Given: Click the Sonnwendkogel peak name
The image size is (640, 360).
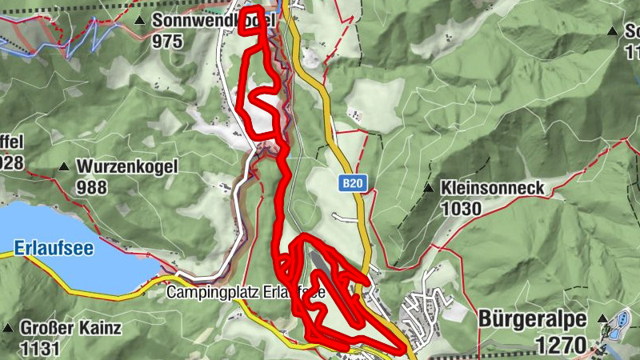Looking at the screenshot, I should click(212, 20).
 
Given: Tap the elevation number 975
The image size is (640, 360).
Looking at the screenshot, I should click(169, 41).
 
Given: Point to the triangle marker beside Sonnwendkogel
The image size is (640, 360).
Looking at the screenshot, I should click(142, 20).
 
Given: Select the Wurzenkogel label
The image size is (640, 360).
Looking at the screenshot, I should click(126, 167).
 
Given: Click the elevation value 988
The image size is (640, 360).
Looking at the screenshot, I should click(94, 187).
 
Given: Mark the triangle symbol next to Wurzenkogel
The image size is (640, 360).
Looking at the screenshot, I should click(63, 167).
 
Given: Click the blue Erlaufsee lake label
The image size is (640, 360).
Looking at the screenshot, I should click(54, 248).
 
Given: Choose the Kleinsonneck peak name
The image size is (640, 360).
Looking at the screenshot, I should click(491, 189).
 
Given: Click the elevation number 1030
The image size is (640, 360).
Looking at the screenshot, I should click(460, 209).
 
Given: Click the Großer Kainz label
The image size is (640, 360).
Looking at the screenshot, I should click(70, 328).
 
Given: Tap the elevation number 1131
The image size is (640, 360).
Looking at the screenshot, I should click(41, 348).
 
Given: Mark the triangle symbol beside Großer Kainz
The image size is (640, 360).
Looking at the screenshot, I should click(7, 328).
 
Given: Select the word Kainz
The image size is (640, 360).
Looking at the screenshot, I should click(102, 328).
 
